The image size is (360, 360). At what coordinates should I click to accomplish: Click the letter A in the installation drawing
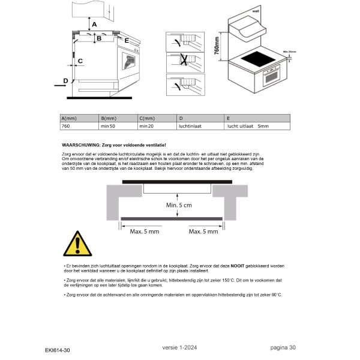click(x=93, y=24)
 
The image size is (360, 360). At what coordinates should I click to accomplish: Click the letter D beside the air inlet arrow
click(x=65, y=80)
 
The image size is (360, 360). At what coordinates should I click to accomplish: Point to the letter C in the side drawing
click(x=80, y=61)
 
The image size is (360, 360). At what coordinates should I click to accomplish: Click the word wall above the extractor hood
click(x=255, y=10)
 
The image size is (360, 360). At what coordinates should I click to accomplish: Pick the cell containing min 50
click(x=108, y=127)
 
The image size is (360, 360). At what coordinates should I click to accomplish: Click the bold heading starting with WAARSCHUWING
click(x=113, y=146)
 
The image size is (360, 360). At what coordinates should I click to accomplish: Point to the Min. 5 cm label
click(x=179, y=206)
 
